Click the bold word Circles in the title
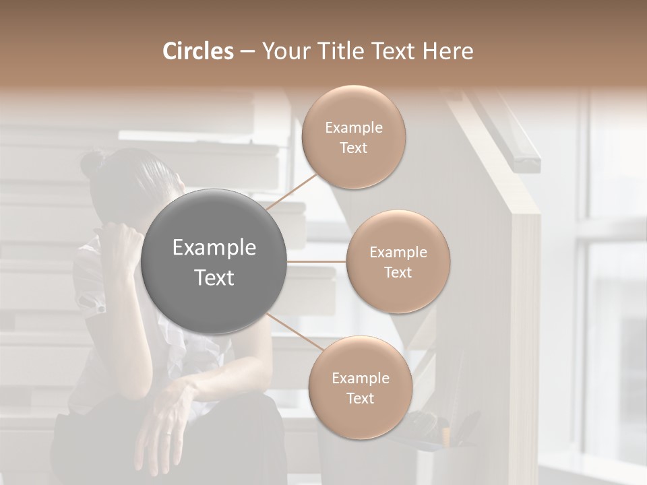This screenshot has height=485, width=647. [198, 52]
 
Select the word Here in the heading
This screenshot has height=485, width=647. [448, 52]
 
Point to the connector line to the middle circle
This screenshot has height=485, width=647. [317, 261]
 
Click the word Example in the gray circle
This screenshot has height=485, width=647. [214, 248]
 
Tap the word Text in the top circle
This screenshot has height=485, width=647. [353, 148]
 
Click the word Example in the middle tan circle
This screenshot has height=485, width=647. [398, 252]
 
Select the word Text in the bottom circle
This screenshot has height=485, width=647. [360, 398]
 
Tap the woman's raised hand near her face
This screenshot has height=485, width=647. [121, 243]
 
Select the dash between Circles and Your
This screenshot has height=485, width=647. [247, 52]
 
